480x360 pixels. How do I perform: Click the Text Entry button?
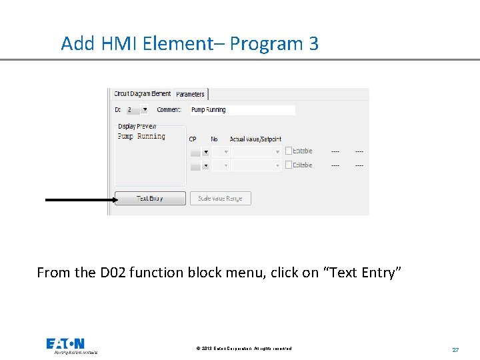150,199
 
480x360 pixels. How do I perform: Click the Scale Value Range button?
220,199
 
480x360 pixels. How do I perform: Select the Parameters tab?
191,95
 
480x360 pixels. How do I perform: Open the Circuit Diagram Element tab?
142,94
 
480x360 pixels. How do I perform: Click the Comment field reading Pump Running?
241,110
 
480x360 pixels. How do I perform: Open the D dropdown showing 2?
144,110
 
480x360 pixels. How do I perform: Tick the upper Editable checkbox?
288,151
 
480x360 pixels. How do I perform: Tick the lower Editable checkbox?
288,165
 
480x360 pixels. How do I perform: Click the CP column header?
193,139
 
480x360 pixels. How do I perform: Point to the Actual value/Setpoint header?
255,139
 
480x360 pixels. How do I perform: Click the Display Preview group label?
137,126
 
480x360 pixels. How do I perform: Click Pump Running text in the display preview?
141,137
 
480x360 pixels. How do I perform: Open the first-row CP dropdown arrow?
205,152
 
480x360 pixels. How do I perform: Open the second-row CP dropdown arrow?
205,165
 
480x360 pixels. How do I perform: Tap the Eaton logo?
65,345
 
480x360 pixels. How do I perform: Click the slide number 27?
455,349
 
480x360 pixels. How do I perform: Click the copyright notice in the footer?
244,349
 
